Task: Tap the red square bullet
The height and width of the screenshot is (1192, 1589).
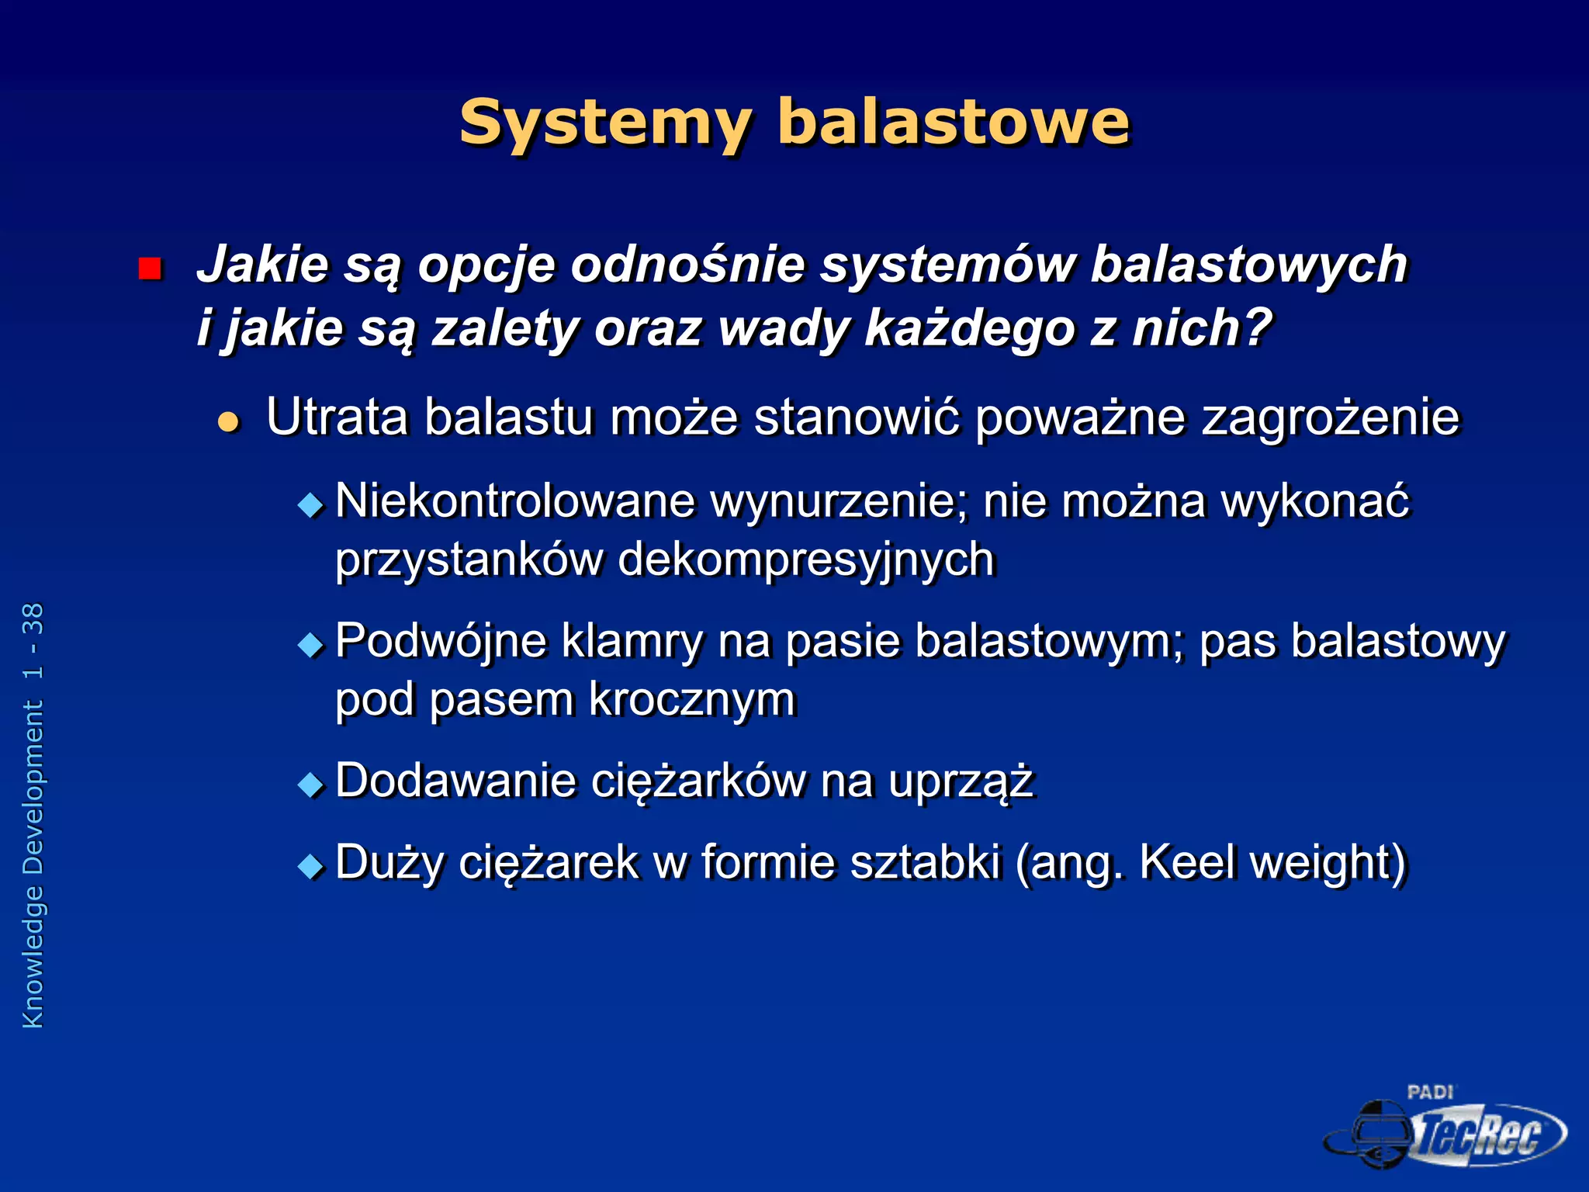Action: (x=149, y=269)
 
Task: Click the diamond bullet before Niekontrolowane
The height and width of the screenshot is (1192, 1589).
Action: (x=311, y=506)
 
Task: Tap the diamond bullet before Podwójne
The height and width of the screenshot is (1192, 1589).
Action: (x=311, y=645)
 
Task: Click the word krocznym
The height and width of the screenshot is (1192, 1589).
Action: (x=692, y=700)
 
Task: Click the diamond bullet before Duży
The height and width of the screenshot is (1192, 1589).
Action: (x=311, y=865)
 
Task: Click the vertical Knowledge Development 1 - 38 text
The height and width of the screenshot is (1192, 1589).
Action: (x=34, y=815)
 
